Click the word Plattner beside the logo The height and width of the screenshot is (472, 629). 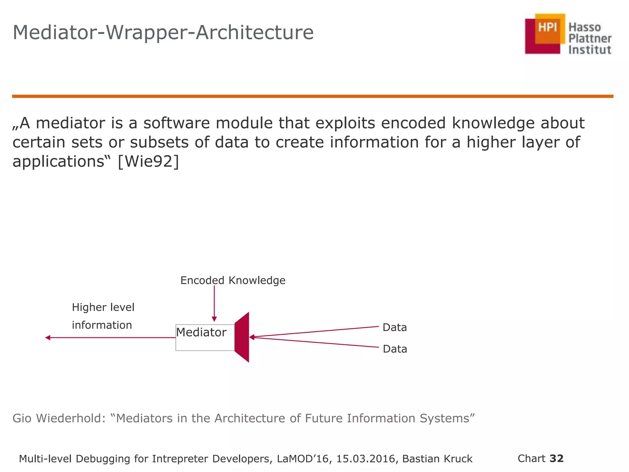click(x=590, y=39)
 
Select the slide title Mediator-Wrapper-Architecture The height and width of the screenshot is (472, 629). click(x=163, y=33)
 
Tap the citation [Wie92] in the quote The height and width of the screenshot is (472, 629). click(x=148, y=161)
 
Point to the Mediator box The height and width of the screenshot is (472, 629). click(x=205, y=337)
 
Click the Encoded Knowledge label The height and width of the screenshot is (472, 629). click(x=233, y=280)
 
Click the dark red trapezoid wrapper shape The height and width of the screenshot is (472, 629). click(x=242, y=337)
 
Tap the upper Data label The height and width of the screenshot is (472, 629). click(x=395, y=328)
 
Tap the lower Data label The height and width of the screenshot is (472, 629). click(x=395, y=349)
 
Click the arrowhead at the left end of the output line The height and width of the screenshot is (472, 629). click(x=48, y=338)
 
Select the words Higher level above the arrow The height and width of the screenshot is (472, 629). click(x=103, y=307)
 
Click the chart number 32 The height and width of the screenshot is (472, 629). click(x=557, y=458)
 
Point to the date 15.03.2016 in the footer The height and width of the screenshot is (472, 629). click(x=365, y=459)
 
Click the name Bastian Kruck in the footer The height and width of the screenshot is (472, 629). click(x=437, y=459)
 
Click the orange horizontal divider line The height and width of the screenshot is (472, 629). click(x=313, y=96)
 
